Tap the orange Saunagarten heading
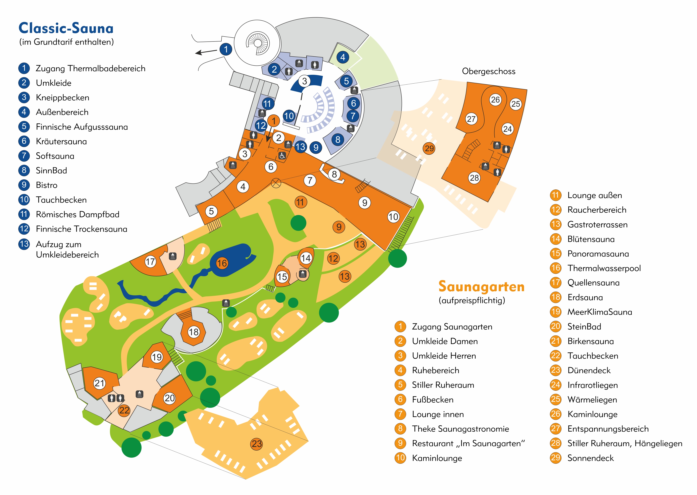481,287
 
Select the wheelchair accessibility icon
282,156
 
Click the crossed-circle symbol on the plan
276,183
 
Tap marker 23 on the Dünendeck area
257,444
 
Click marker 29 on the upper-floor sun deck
429,148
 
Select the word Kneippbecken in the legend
62,98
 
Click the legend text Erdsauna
585,298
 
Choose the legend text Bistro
47,185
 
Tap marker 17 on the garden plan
150,261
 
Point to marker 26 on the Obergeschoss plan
495,100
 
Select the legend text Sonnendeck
590,458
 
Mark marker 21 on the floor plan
100,383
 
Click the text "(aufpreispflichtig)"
472,301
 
